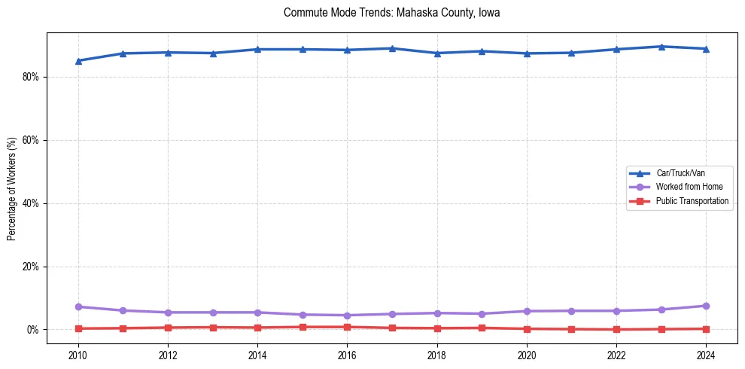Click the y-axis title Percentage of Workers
[x=11, y=188]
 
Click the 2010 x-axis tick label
[x=78, y=354]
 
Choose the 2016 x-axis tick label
[x=347, y=354]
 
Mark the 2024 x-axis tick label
[x=706, y=354]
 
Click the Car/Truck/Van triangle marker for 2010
[x=78, y=61]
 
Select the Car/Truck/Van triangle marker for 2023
[x=661, y=47]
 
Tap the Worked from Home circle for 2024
[x=706, y=306]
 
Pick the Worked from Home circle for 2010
[x=78, y=306]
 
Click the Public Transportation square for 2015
[x=303, y=327]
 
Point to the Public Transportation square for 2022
[x=616, y=329]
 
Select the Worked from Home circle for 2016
[x=347, y=316]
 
